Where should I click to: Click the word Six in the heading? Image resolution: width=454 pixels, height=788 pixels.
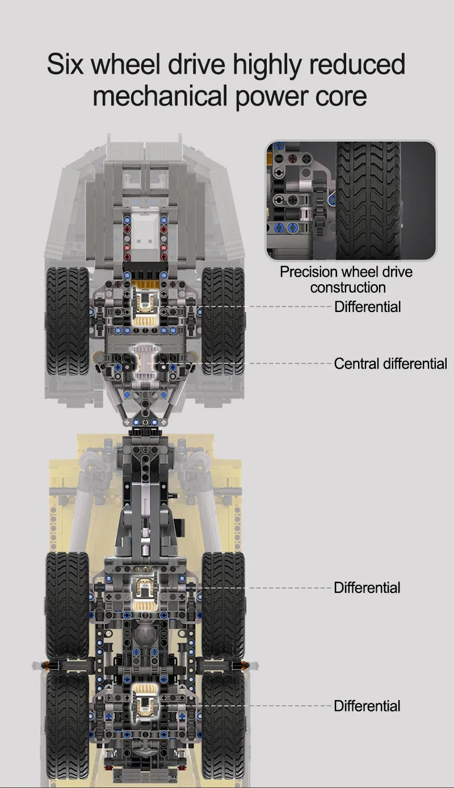[65, 64]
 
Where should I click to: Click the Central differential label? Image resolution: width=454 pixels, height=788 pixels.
[390, 363]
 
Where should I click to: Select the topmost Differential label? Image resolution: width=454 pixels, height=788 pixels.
[367, 307]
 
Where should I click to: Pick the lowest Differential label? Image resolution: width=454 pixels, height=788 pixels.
[367, 706]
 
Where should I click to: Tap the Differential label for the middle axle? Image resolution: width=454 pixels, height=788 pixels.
[367, 587]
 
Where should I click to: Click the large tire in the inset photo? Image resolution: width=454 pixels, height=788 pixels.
[368, 199]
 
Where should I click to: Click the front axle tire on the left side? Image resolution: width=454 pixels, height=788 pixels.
[67, 321]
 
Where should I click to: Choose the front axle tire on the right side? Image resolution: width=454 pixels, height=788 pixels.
[223, 321]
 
